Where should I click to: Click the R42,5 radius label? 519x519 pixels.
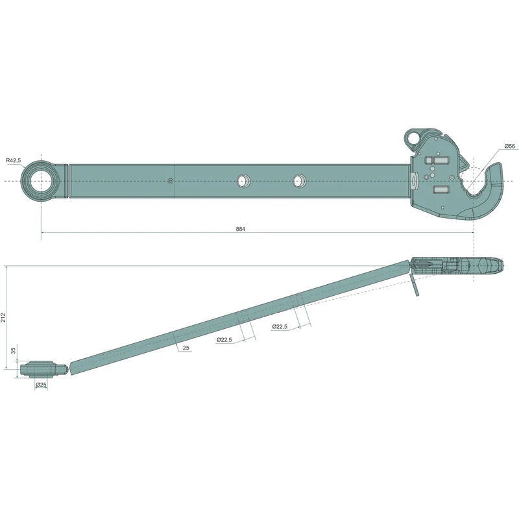[x=13, y=160]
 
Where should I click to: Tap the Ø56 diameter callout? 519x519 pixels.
[x=510, y=146]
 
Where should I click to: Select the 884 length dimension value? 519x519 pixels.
[x=241, y=229]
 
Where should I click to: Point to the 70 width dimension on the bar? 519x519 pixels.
[x=171, y=181]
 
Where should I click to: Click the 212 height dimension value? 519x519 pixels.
[x=3, y=317]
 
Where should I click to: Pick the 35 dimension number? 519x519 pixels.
[x=14, y=350]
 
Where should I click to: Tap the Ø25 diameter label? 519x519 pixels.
[x=41, y=385]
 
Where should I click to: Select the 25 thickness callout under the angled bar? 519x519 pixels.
[x=186, y=348]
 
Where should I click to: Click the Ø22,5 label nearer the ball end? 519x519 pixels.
[x=224, y=339]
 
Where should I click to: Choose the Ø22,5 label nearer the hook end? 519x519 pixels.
[x=280, y=326]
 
